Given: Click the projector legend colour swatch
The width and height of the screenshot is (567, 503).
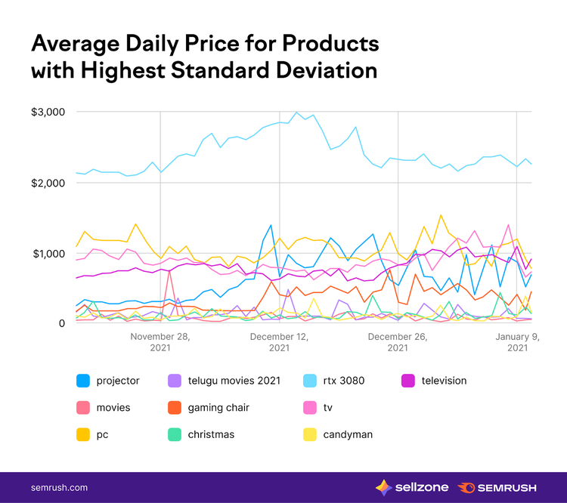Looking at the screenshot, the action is click(83, 381).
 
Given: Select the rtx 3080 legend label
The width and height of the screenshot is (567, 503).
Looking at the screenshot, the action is click(343, 381).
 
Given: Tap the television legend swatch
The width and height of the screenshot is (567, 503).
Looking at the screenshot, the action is click(408, 381).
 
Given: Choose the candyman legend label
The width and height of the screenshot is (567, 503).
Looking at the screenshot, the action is click(348, 435).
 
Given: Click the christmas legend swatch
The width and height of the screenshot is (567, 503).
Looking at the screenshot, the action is click(175, 435).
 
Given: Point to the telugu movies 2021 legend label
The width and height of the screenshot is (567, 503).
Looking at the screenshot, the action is click(234, 381).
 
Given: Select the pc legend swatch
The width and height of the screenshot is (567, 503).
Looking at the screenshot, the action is click(83, 435).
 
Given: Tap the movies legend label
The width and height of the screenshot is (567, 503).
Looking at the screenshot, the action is click(113, 408).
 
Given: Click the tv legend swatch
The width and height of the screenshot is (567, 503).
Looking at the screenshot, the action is click(310, 408).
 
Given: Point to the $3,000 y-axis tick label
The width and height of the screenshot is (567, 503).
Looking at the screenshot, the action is click(48, 112).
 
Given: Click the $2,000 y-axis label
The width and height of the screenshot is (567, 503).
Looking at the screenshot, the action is click(48, 184).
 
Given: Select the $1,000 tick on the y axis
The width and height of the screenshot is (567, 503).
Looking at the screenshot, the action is click(49, 254).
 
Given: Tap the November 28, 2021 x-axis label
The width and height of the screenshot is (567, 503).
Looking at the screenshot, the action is click(160, 342).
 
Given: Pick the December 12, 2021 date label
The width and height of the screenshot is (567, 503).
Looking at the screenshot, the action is click(279, 342).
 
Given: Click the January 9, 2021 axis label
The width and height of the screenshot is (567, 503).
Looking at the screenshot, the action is click(517, 342).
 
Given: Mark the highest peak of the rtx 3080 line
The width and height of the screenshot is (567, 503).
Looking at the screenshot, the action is click(296, 113).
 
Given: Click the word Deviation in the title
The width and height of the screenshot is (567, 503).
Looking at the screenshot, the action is click(327, 70).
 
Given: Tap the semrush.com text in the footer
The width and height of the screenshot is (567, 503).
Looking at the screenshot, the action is click(59, 488).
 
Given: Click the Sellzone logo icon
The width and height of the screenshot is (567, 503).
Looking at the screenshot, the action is click(383, 488).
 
